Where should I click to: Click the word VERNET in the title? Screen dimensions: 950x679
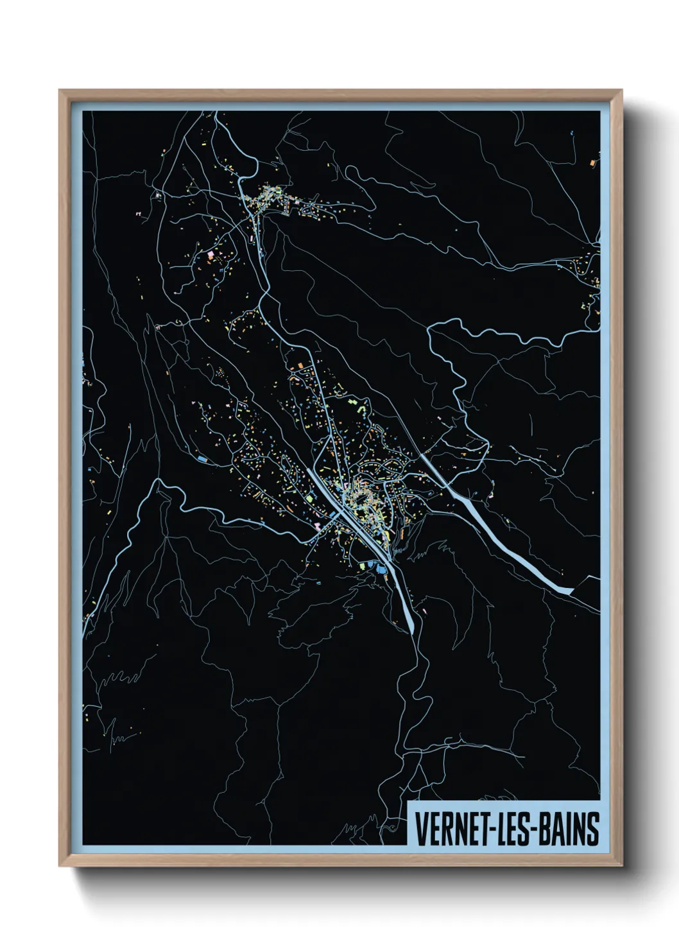pos(451,829)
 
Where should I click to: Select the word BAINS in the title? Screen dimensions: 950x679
pos(570,829)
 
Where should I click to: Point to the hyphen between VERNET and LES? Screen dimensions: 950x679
pos(492,830)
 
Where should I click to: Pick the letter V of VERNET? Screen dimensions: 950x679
pos(421,829)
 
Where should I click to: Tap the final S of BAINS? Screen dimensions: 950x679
pos(593,829)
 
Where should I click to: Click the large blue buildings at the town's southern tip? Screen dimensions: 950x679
pos(381,568)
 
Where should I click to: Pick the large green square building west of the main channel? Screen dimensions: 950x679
pos(308,498)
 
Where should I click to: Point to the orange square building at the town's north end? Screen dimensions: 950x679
pos(298,366)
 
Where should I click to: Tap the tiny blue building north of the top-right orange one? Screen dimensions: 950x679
pos(571,134)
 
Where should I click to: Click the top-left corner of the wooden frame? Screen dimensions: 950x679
pos(60,91)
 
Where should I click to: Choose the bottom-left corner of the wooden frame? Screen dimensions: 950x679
pos(60,866)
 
